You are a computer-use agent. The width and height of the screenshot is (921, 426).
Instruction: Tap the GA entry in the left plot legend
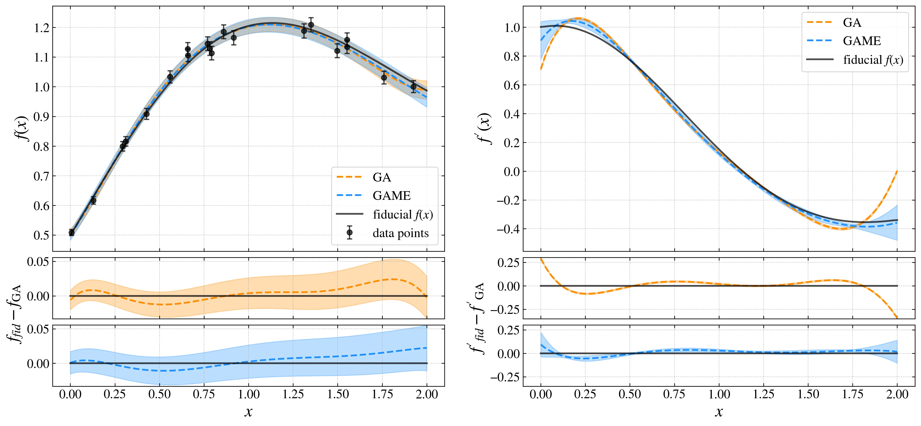coord(381,177)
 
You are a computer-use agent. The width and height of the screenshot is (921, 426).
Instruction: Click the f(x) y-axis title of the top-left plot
coord(22,129)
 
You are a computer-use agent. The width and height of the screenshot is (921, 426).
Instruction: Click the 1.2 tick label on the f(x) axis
coord(41,28)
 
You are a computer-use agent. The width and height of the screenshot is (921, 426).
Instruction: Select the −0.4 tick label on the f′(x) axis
coord(508,229)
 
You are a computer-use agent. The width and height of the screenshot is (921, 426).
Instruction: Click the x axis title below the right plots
coord(719,412)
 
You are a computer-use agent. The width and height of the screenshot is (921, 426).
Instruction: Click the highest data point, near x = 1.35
coord(311,25)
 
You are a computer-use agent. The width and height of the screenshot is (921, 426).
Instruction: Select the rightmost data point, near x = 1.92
coord(413,86)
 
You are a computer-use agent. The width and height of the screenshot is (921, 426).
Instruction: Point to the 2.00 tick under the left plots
coord(427,395)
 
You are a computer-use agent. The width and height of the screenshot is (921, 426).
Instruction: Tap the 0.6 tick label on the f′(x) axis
coord(512,85)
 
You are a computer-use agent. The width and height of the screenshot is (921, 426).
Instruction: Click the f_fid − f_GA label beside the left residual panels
coord(14,314)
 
